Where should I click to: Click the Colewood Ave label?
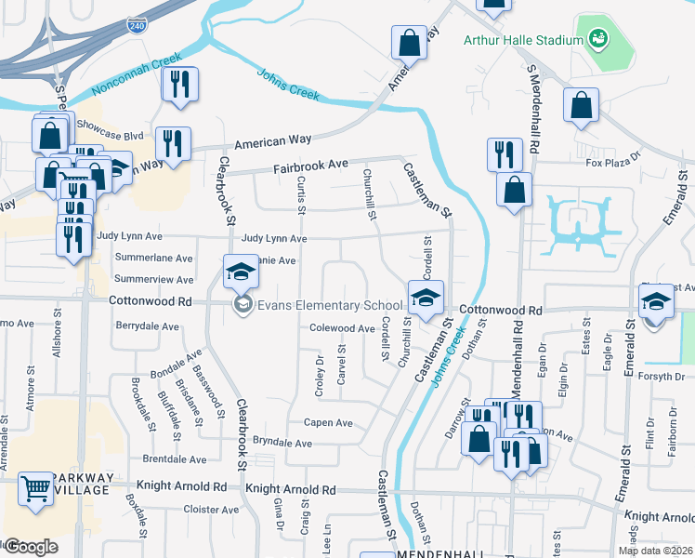(342, 328)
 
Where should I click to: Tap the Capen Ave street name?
(329, 422)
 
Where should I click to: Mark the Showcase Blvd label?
(111, 134)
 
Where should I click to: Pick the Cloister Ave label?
(211, 510)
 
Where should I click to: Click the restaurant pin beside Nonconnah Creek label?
(176, 85)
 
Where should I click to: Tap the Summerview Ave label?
(153, 279)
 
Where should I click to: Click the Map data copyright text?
(656, 551)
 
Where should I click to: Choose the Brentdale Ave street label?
(175, 459)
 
